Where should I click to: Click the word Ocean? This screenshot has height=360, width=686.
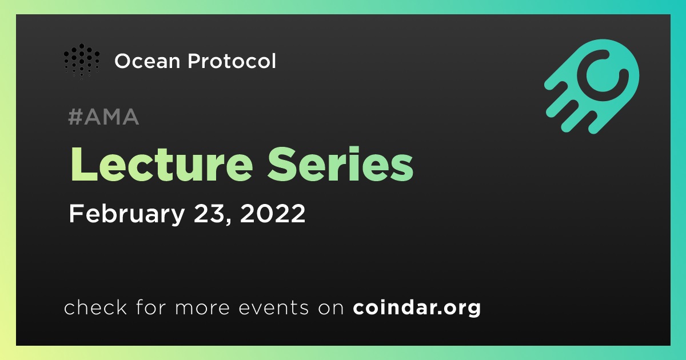[x=147, y=61]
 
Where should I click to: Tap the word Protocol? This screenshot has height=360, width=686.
[x=232, y=61]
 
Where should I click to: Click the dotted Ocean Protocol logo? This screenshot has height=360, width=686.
[x=82, y=61]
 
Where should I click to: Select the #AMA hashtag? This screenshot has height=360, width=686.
[x=103, y=117]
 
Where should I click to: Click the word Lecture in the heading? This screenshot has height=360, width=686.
[x=162, y=165]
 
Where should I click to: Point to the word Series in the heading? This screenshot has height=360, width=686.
[x=340, y=165]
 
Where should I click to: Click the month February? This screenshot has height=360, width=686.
[x=127, y=214]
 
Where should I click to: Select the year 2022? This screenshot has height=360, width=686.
[x=273, y=213]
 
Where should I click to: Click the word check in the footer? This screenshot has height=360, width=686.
[x=95, y=307]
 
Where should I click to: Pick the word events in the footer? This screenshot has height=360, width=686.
[x=273, y=307]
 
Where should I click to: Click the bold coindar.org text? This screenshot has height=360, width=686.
[x=417, y=307]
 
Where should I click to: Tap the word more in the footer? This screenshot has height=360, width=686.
[x=202, y=308]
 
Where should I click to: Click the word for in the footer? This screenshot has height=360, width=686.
[x=151, y=307]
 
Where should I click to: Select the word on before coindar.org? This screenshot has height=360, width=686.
[x=331, y=308]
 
